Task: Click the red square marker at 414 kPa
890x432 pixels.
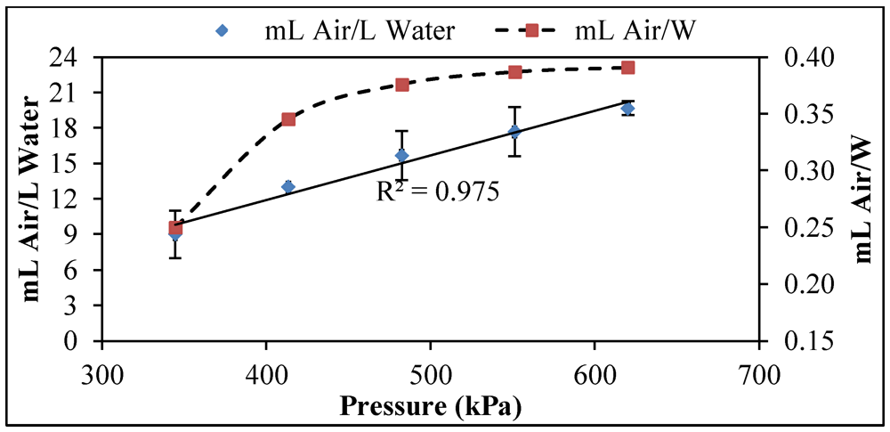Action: point(288,119)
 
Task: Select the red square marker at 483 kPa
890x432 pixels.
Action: point(402,85)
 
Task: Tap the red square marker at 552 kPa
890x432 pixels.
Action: point(514,72)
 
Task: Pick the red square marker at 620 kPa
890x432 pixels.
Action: point(627,68)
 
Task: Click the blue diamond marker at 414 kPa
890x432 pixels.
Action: point(288,187)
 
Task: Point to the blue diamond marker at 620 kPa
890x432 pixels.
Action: point(627,109)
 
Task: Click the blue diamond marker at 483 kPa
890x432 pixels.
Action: point(401,156)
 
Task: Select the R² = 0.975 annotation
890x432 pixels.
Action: point(439,191)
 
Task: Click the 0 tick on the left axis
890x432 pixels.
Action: point(85,342)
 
